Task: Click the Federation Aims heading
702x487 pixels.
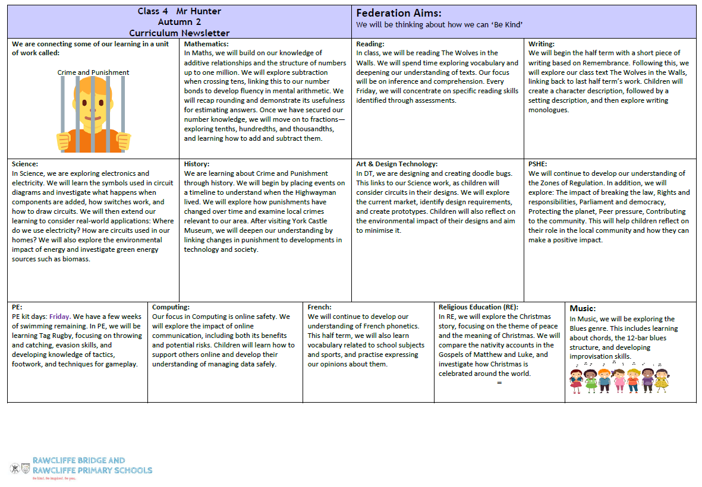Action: (399, 13)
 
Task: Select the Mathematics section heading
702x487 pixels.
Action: (206, 44)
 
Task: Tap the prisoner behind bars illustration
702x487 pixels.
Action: (94, 115)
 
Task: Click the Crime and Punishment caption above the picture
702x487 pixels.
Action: (93, 72)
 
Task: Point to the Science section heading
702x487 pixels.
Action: (25, 164)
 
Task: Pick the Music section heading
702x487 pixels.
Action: (583, 308)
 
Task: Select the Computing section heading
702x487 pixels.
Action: (171, 307)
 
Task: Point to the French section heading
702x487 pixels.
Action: (319, 307)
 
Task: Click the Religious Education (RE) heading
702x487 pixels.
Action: (479, 307)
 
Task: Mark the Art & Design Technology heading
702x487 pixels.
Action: (396, 164)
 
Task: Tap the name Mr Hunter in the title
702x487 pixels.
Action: (199, 11)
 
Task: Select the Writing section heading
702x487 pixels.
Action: (542, 44)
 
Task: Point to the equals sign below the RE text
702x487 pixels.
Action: (499, 383)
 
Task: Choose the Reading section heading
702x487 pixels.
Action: (370, 44)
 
